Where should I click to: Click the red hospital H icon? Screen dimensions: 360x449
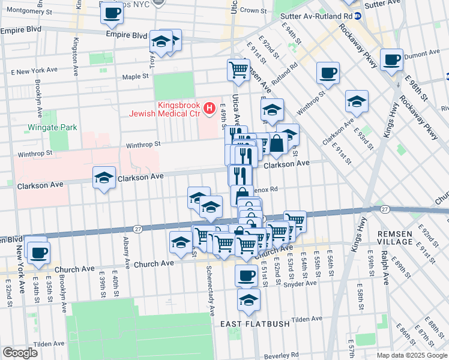(x=209, y=108)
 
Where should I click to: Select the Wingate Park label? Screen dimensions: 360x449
(x=52, y=128)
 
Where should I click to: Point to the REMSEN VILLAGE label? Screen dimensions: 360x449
(x=394, y=238)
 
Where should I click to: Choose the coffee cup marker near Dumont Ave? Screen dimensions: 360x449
(x=391, y=60)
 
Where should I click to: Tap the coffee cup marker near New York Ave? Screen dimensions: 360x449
(x=38, y=252)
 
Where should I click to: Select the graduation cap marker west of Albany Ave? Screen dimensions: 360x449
(x=104, y=178)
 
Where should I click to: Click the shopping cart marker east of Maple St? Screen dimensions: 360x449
(x=239, y=69)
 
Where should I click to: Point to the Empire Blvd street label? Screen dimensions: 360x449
(x=127, y=35)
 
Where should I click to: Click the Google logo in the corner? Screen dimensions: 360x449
(x=20, y=352)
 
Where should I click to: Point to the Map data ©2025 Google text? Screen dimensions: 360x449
(x=411, y=355)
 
